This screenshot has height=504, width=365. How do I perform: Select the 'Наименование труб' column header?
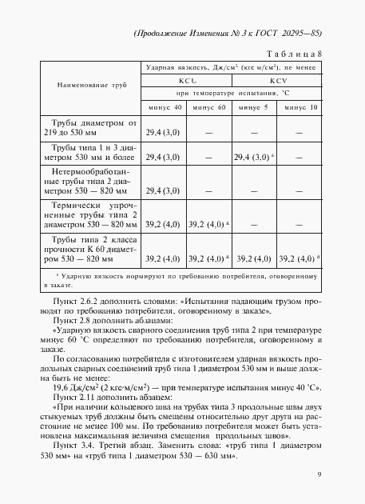pos(92,84)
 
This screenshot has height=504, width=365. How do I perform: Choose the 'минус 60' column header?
pos(209,107)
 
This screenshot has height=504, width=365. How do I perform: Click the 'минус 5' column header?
pos(255,107)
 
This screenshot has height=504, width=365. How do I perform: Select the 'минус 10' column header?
pos(301,107)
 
